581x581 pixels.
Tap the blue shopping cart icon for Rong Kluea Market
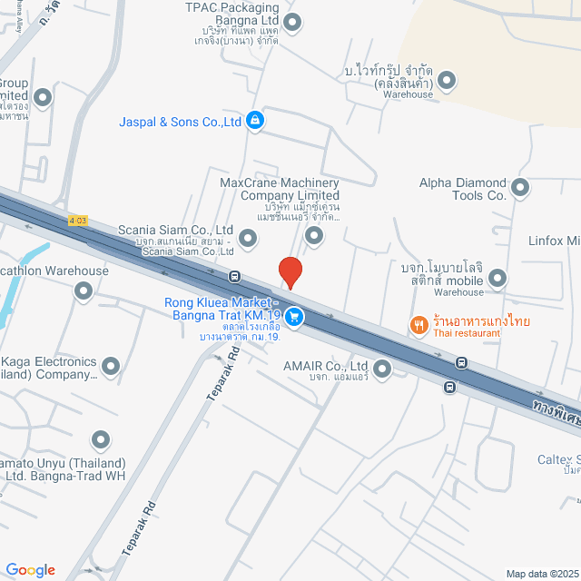293,317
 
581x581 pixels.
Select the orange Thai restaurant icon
419,324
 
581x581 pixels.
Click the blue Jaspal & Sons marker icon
256,120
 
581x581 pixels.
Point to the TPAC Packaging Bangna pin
292,22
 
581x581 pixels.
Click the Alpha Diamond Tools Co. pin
520,188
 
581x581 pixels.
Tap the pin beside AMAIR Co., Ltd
382,369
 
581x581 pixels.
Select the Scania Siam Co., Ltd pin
248,238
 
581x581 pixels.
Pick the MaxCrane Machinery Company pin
314,236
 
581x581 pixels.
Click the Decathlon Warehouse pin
84,291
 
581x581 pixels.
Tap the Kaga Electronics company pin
112,367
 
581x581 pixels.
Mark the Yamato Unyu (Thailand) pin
102,442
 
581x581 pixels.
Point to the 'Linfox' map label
554,241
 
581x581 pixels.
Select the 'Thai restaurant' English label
467,333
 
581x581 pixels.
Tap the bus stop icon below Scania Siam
234,276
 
